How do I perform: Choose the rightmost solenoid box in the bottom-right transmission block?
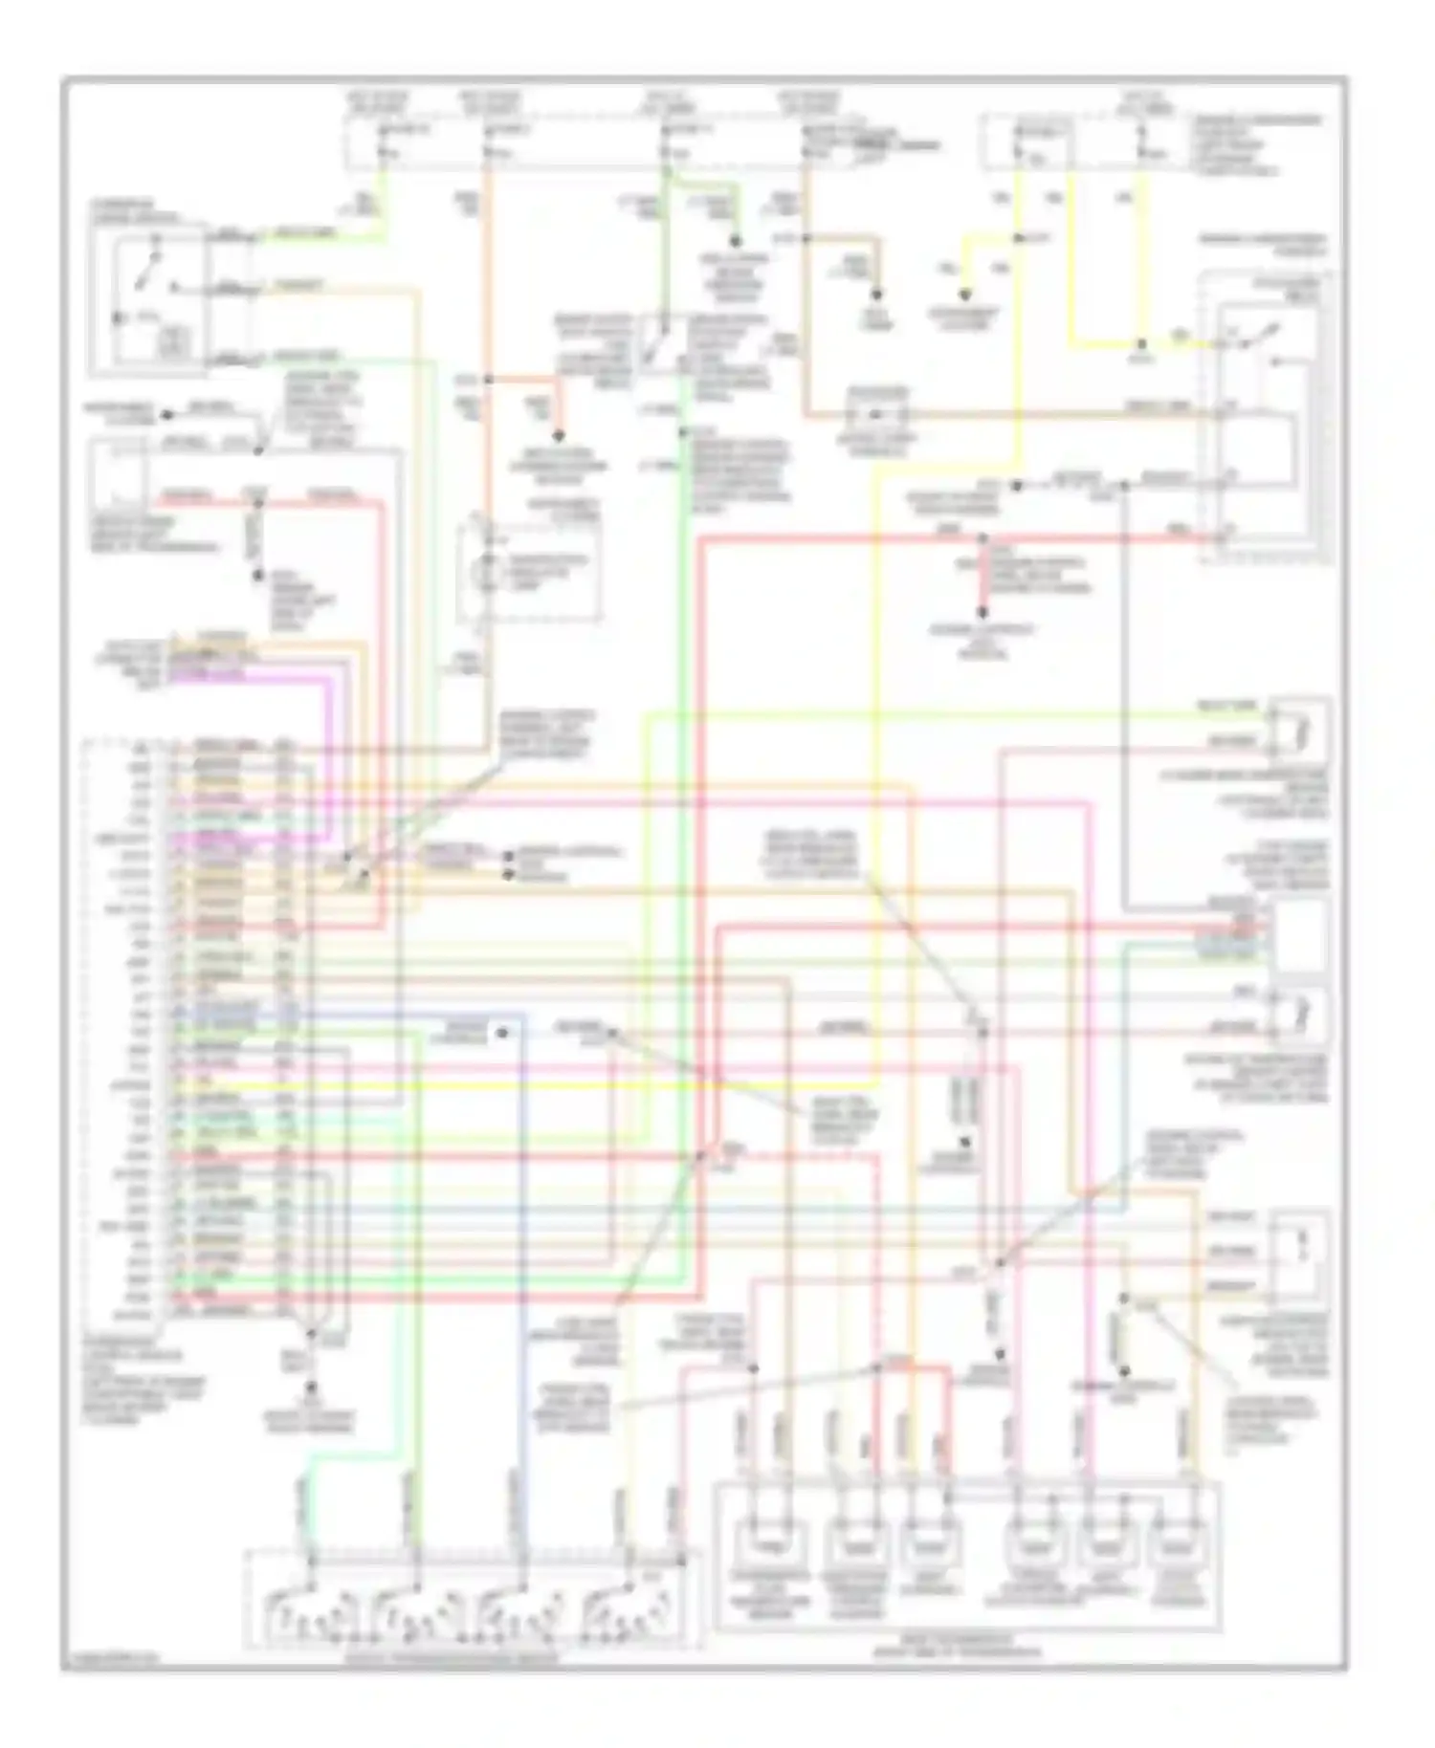(1182, 1545)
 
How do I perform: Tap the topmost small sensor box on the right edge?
(1301, 729)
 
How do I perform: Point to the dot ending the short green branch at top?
(736, 242)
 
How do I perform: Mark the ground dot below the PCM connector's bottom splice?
(310, 1384)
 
